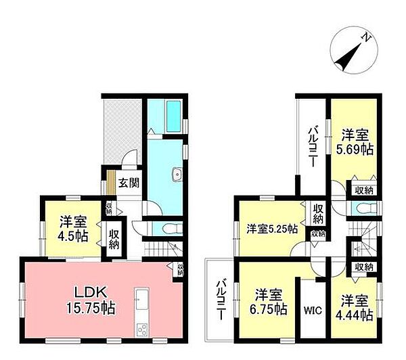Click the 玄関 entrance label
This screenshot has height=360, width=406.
pyautogui.click(x=129, y=182)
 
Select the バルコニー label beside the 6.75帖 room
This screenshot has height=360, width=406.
pyautogui.click(x=221, y=298)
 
